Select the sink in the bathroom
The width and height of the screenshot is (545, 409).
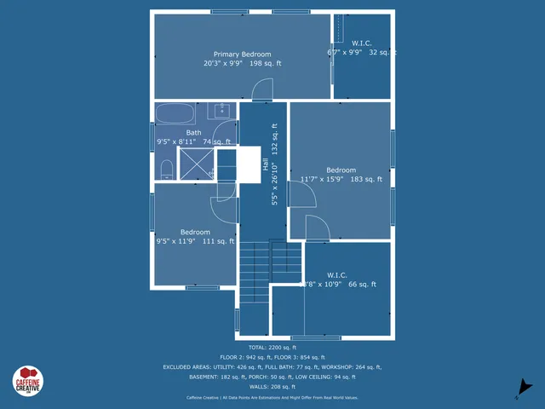[x=222, y=111]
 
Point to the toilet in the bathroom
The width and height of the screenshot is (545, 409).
[x=167, y=168]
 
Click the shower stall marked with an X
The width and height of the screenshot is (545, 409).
[x=197, y=164]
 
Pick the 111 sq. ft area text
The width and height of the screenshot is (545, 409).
[x=218, y=241]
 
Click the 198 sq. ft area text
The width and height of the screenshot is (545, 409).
[x=266, y=63]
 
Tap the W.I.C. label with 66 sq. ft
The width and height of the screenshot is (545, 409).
[x=336, y=275]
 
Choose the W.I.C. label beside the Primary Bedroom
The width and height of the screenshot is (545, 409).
[x=362, y=42]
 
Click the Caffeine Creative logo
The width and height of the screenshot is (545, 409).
[x=28, y=380]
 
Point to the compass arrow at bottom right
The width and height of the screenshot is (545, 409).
[x=525, y=388]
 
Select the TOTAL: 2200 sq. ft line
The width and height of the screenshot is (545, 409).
[x=272, y=348]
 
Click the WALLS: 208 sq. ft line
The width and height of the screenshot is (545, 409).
[x=272, y=386]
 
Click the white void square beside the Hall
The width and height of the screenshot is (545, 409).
[x=248, y=164]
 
